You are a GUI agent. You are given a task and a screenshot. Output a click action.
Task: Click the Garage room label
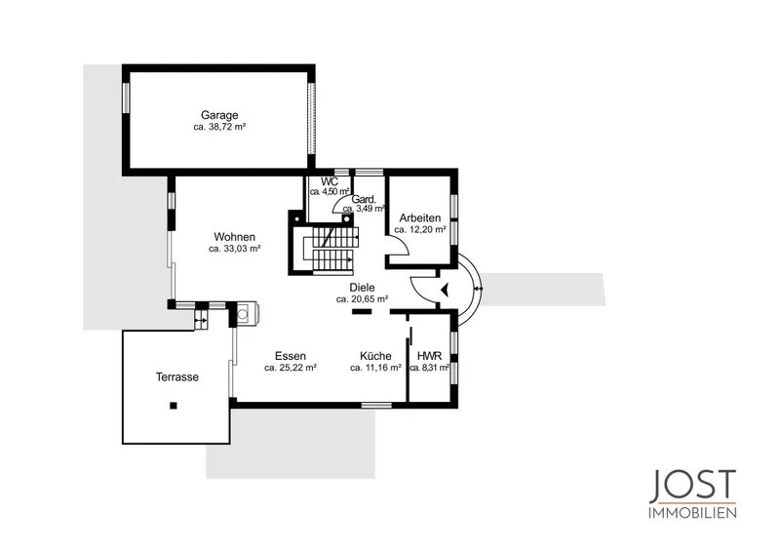(219, 116)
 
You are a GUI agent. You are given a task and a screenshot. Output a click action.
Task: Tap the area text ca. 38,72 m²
(219, 127)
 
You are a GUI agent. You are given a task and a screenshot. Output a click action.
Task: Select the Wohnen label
(234, 237)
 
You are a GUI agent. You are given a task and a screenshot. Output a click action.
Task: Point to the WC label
(330, 181)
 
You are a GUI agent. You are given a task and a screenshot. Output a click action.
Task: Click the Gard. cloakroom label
(364, 200)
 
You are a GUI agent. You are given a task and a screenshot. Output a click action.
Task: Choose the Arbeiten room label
(420, 218)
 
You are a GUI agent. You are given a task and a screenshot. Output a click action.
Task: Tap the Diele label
(362, 288)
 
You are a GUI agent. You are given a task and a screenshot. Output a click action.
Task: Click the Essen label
(291, 356)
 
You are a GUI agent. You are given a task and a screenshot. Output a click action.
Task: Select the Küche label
(375, 356)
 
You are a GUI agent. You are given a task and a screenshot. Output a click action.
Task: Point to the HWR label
(429, 356)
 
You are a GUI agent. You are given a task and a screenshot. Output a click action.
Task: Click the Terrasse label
(177, 377)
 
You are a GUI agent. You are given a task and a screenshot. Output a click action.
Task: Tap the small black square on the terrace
(174, 406)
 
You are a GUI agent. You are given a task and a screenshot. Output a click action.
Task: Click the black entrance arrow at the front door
(445, 290)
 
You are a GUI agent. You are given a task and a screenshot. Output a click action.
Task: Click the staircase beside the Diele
(330, 250)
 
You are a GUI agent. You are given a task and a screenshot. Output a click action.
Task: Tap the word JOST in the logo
(692, 487)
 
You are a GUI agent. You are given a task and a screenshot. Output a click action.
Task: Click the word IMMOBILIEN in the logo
(692, 513)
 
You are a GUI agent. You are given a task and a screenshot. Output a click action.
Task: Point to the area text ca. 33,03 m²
(234, 249)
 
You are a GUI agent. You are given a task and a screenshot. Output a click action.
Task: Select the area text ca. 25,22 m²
(291, 368)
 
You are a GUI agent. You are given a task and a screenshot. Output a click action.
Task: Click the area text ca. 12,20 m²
(420, 229)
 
